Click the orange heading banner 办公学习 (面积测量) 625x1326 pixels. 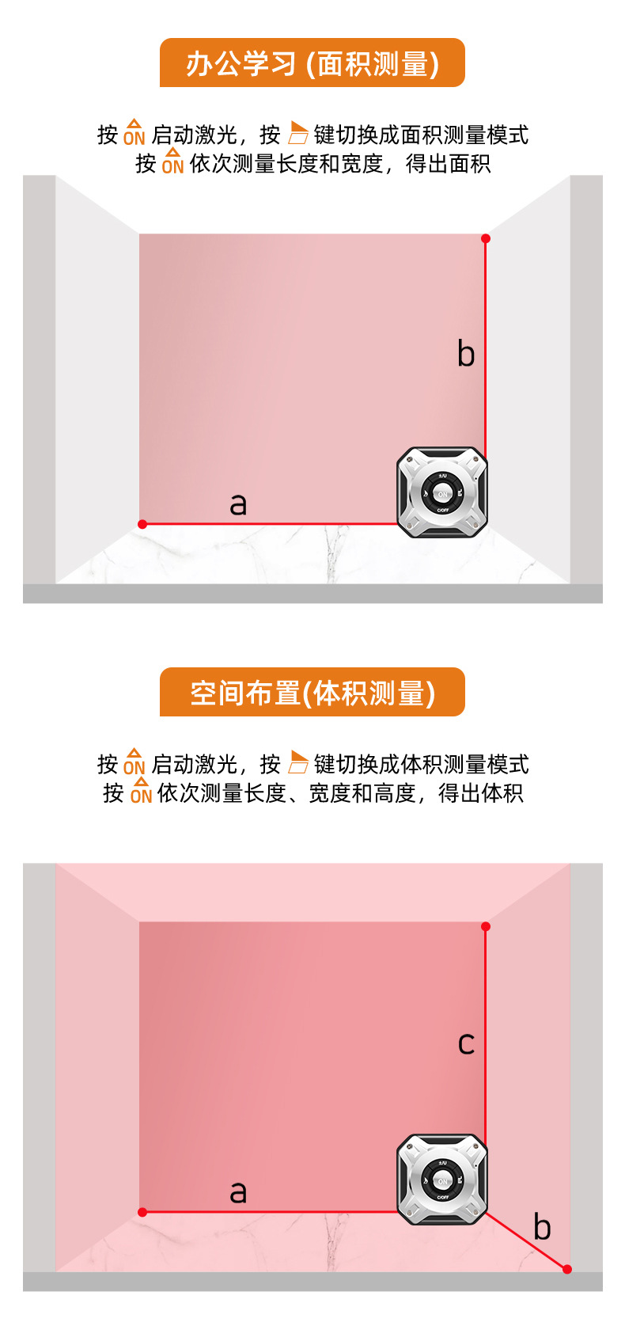tap(312, 63)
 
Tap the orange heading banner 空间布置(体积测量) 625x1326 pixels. tap(312, 693)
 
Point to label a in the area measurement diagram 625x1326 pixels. tap(238, 503)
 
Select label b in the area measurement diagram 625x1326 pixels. tap(466, 353)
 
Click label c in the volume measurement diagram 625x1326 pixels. tap(466, 1043)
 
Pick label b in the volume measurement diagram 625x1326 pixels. tap(542, 1226)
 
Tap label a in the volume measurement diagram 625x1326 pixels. tap(238, 1191)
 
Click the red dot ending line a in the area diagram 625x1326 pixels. tap(142, 524)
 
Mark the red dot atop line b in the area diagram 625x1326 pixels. tap(486, 238)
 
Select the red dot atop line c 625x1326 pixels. tap(486, 926)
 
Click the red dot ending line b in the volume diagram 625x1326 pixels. tap(567, 1269)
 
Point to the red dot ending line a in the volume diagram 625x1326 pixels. tap(142, 1212)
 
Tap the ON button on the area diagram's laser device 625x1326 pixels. tap(442, 494)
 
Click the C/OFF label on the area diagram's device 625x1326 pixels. tap(442, 511)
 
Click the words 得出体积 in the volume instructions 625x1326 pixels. tap(481, 792)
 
